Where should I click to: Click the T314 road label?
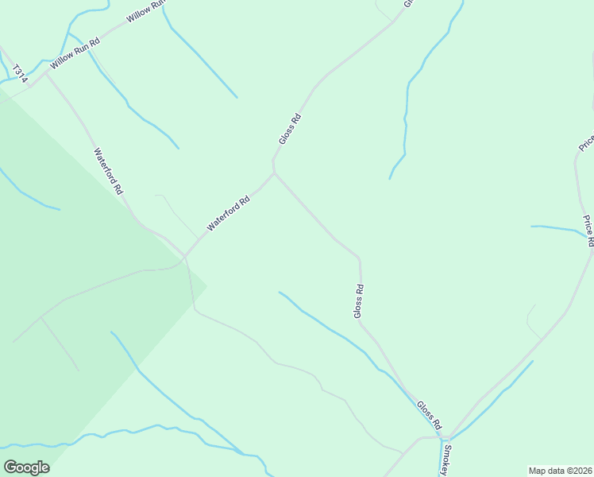pyautogui.click(x=16, y=72)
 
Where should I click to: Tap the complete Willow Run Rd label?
pyautogui.click(x=75, y=54)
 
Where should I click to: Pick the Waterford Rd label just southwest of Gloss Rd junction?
pyautogui.click(x=229, y=213)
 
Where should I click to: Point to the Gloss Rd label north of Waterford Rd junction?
pyautogui.click(x=290, y=129)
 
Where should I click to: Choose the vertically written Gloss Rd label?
pyautogui.click(x=358, y=301)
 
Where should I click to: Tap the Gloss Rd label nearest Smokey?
pyautogui.click(x=429, y=413)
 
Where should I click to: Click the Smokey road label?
pyautogui.click(x=448, y=460)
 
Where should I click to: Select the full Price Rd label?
pyautogui.click(x=588, y=231)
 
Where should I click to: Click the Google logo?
pyautogui.click(x=26, y=467)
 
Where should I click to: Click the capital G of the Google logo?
pyautogui.click(x=10, y=467)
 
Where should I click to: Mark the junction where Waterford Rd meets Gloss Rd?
pyautogui.click(x=274, y=173)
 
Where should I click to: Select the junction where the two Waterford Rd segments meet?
pyautogui.click(x=185, y=256)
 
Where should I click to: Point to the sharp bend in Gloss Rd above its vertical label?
pyautogui.click(x=360, y=258)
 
